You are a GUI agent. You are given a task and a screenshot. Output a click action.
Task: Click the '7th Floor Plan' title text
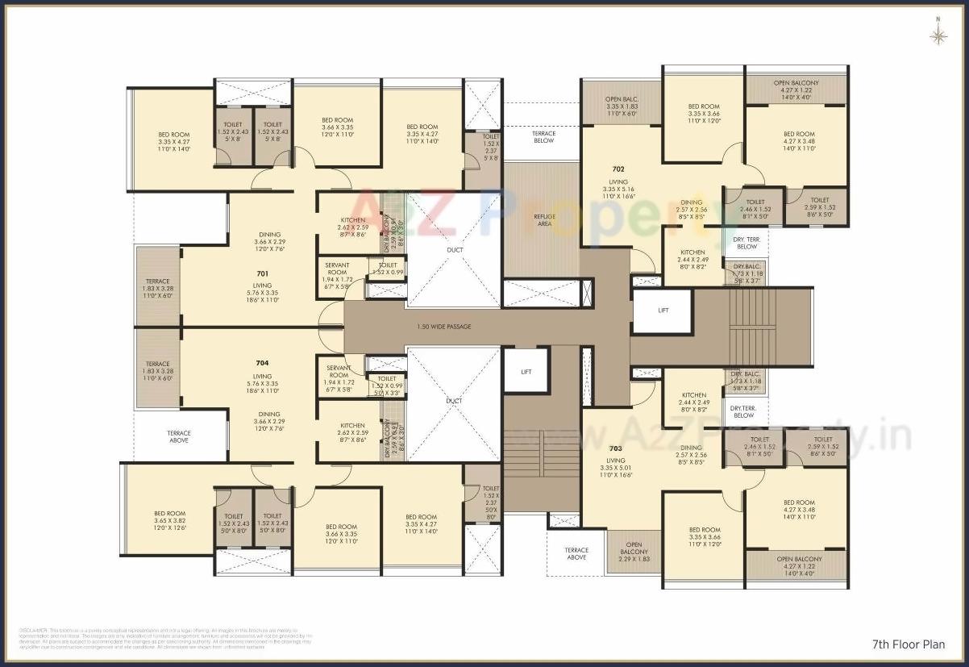click(x=908, y=644)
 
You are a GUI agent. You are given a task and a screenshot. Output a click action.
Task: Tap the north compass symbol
click(x=938, y=35)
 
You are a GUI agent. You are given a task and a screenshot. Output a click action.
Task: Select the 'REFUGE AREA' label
click(x=544, y=219)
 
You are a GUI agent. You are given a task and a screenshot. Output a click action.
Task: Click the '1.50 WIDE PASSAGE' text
click(x=443, y=327)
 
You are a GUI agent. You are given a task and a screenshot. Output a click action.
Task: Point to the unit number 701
click(x=263, y=273)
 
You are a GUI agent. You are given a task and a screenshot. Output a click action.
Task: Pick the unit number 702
click(x=618, y=169)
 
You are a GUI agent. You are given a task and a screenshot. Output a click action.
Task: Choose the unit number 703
click(x=616, y=448)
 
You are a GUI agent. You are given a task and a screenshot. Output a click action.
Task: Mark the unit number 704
click(x=263, y=363)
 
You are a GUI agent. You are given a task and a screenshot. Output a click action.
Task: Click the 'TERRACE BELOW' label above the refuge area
click(x=544, y=136)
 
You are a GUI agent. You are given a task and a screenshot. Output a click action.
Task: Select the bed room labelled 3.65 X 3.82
click(x=170, y=521)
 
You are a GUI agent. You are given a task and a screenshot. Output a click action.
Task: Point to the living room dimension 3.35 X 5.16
click(x=618, y=190)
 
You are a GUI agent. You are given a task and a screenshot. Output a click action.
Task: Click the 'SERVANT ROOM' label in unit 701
click(x=336, y=269)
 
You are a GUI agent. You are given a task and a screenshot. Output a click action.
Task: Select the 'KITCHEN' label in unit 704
click(x=352, y=426)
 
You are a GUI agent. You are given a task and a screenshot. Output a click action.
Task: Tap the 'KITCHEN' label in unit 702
click(x=692, y=252)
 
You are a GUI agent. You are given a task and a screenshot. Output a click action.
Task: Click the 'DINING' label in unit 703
click(x=691, y=448)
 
